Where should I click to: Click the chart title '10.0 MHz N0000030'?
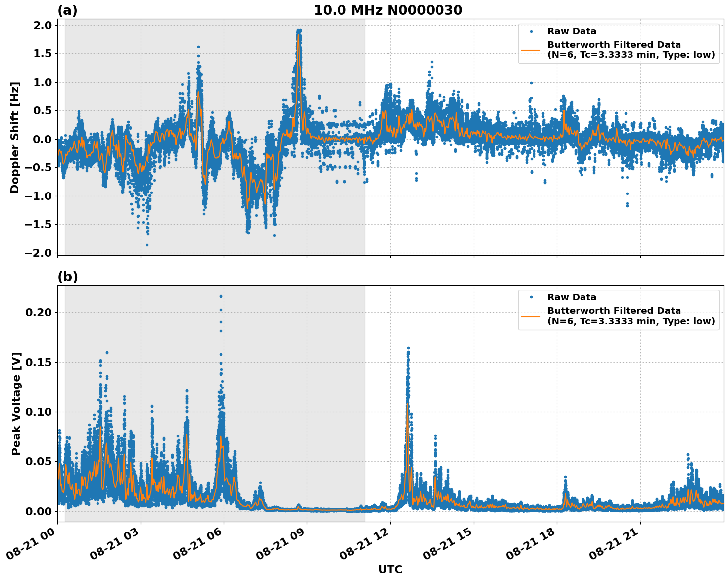388,10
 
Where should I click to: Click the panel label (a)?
67,10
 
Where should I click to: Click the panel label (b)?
67,277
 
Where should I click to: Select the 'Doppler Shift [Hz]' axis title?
15,137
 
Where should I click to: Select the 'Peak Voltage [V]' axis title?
16,403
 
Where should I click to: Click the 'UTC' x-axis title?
390,570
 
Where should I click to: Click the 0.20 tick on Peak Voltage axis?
40,312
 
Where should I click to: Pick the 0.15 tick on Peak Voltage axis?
40,362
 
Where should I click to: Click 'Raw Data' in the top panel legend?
572,32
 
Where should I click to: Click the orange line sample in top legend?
531,50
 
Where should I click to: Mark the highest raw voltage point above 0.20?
221,296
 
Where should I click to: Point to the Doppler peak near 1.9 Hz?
299,31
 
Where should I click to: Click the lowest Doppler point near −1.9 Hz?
147,245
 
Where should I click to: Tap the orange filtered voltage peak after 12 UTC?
407,405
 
